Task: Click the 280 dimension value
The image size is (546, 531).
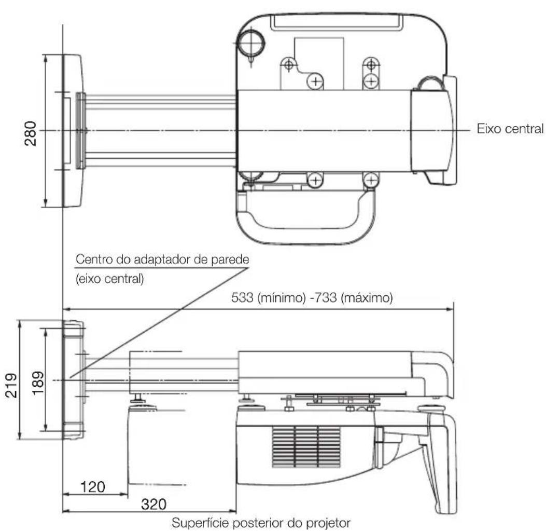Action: click(x=31, y=134)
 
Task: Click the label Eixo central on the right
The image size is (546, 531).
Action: click(x=510, y=129)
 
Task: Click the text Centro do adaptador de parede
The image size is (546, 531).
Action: click(x=162, y=260)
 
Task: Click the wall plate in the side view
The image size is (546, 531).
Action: click(x=72, y=380)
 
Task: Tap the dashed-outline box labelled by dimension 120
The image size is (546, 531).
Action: click(x=156, y=446)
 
